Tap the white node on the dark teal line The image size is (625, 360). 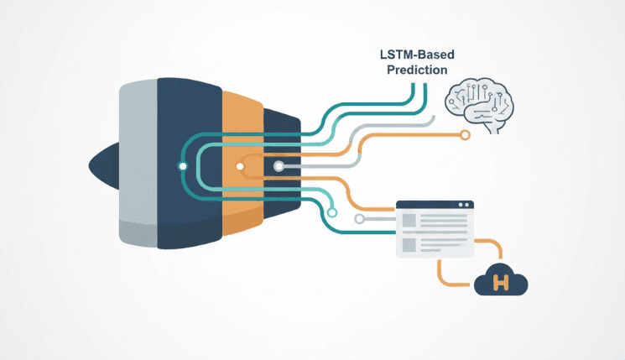click(x=183, y=166)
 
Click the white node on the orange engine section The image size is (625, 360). click(x=240, y=166)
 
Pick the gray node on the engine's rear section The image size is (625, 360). click(x=279, y=166)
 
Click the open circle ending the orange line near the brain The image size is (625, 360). click(x=462, y=133)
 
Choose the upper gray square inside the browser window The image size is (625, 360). click(x=409, y=221)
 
